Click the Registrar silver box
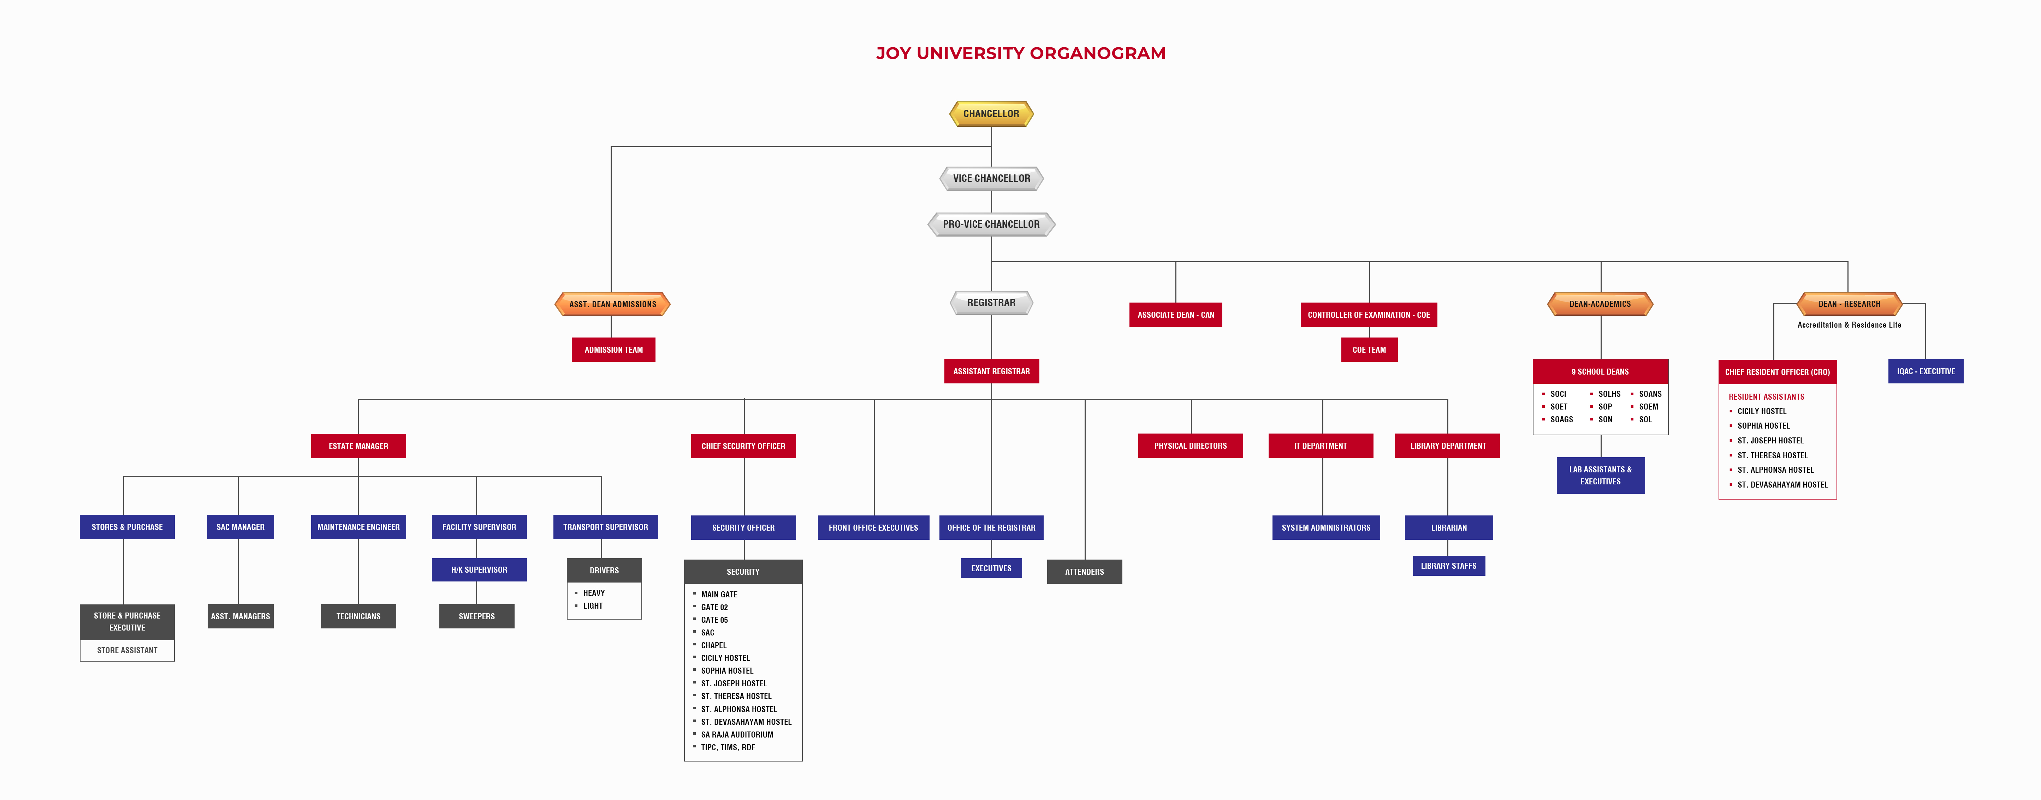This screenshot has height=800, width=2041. [x=991, y=303]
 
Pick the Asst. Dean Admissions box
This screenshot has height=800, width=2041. [x=612, y=304]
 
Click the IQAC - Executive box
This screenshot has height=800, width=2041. [x=1925, y=371]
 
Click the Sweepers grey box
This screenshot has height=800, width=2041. [x=476, y=616]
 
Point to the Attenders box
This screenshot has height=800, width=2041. [x=1084, y=572]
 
